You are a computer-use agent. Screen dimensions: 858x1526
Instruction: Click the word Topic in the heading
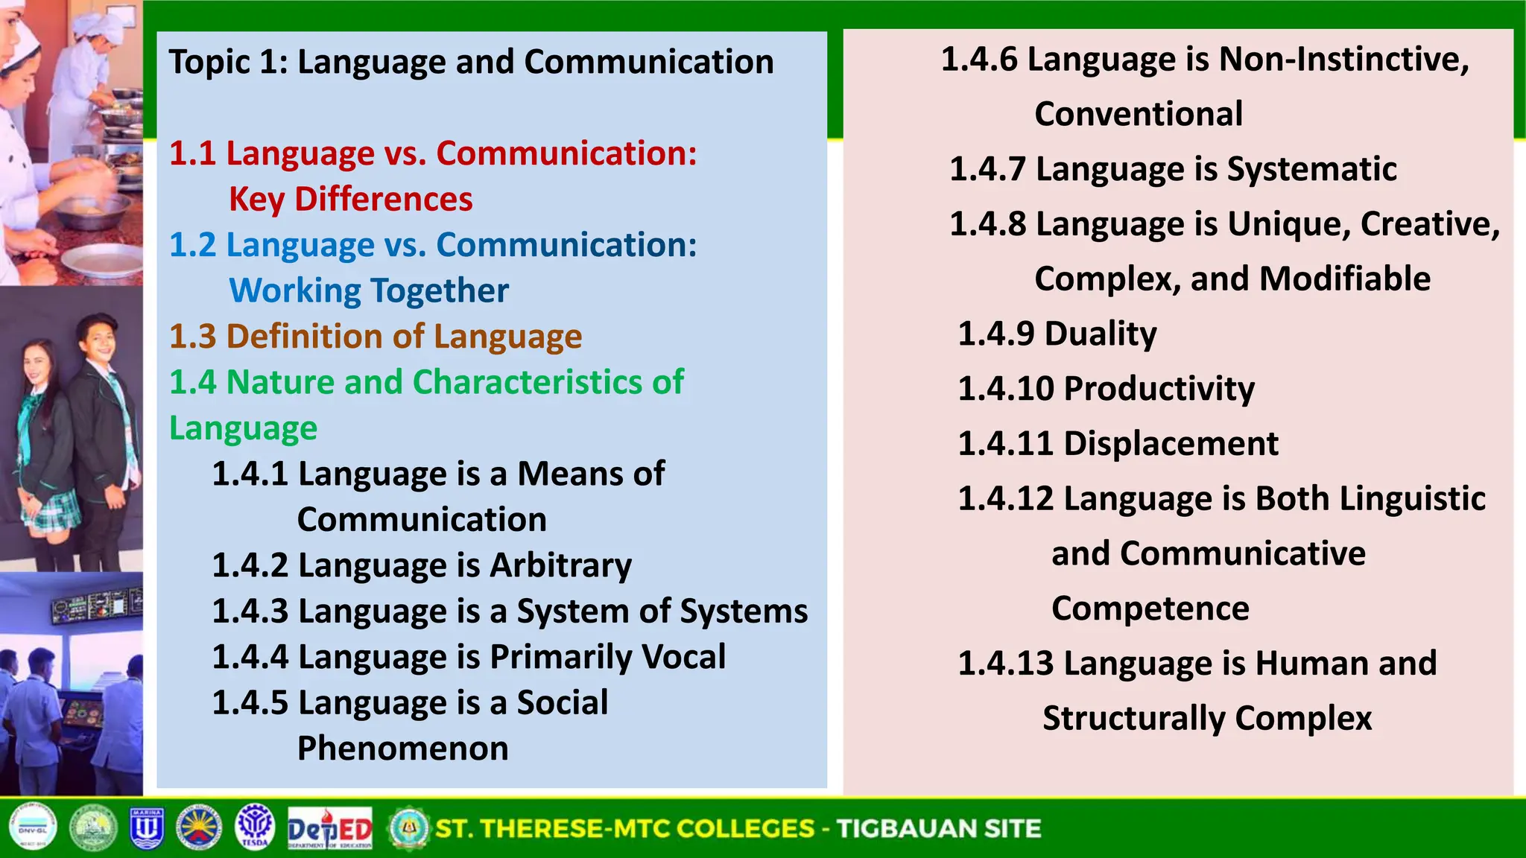pyautogui.click(x=209, y=63)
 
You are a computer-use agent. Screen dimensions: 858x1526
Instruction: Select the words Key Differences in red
pyautogui.click(x=350, y=200)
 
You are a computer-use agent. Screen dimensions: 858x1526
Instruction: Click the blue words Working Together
pyautogui.click(x=369, y=291)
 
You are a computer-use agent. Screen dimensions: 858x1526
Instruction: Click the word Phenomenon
pyautogui.click(x=402, y=749)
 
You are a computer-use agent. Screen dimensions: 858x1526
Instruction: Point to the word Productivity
pyautogui.click(x=1159, y=389)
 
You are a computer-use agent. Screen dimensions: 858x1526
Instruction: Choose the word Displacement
pyautogui.click(x=1171, y=444)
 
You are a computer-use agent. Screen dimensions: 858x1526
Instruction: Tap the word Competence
pyautogui.click(x=1150, y=609)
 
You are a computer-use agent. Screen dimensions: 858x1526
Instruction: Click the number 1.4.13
pyautogui.click(x=1004, y=664)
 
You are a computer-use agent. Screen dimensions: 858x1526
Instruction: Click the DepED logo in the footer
pyautogui.click(x=329, y=828)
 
